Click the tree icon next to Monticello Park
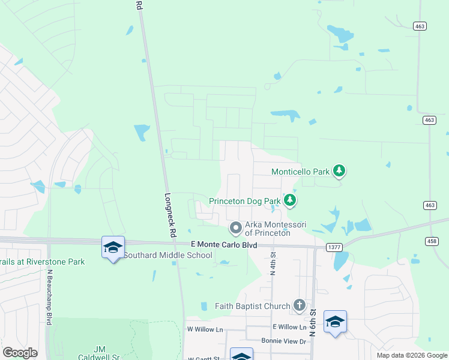pyautogui.click(x=340, y=172)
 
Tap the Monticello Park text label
pyautogui.click(x=301, y=172)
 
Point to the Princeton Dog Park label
pyautogui.click(x=245, y=201)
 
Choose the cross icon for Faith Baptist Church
pyautogui.click(x=299, y=306)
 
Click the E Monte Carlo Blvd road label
pyautogui.click(x=223, y=245)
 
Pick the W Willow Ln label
pyautogui.click(x=205, y=329)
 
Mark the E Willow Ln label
pyautogui.click(x=289, y=327)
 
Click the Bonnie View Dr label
pyautogui.click(x=283, y=341)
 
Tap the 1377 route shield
pyautogui.click(x=334, y=247)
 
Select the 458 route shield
pyautogui.click(x=441, y=241)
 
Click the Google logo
pyautogui.click(x=20, y=353)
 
